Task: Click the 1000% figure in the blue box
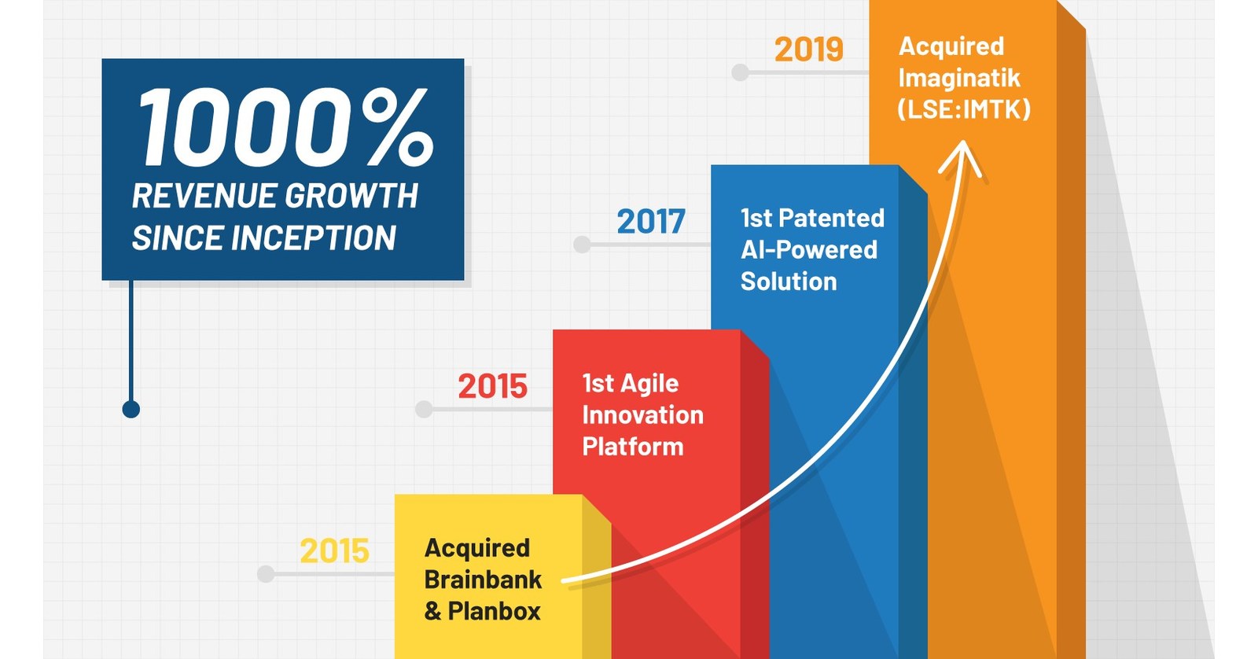point(285,127)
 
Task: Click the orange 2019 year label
point(808,50)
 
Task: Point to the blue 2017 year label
point(650,222)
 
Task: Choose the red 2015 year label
point(492,387)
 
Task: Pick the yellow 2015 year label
point(334,551)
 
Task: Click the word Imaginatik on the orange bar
point(958,78)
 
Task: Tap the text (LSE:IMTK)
point(963,109)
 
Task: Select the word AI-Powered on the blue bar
point(808,250)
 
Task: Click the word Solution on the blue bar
point(788,282)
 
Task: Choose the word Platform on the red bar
point(632,447)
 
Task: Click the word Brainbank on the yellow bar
point(482,580)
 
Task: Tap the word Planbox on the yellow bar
point(494,611)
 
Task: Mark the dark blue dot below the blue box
point(131,409)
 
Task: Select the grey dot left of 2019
point(740,72)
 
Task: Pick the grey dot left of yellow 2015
point(266,574)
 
